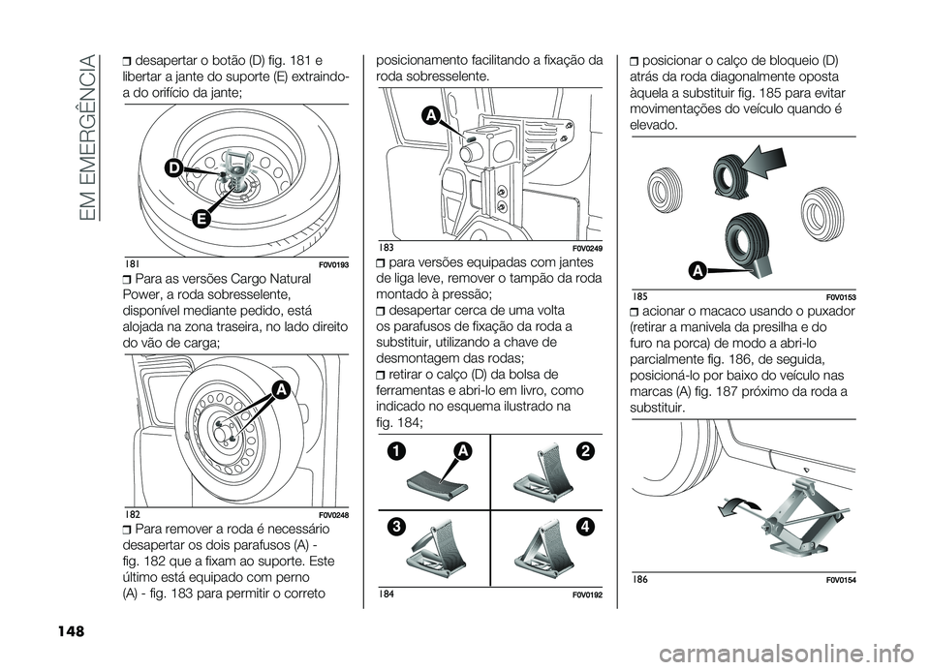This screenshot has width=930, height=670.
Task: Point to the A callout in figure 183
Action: click(x=427, y=116)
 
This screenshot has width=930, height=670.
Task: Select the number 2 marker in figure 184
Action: click(x=586, y=452)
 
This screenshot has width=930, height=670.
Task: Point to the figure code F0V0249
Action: click(x=583, y=249)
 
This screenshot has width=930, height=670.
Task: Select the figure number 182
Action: click(x=133, y=513)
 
